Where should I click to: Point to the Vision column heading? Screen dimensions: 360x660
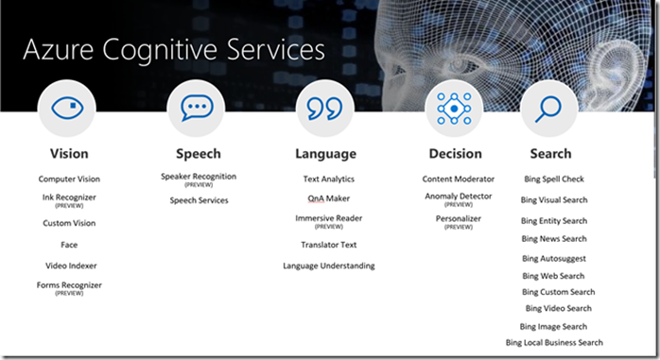click(69, 153)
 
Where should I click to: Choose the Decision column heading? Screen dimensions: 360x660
click(455, 153)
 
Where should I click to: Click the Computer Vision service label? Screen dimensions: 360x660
click(69, 179)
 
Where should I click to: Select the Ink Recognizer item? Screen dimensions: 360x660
click(69, 197)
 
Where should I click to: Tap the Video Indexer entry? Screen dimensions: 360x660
click(69, 266)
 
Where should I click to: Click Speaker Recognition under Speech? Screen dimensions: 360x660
click(199, 176)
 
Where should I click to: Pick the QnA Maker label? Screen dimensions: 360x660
click(328, 198)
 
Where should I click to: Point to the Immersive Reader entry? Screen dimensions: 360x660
click(328, 218)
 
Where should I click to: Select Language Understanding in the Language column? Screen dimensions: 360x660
click(328, 266)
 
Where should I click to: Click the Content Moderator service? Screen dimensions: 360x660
click(458, 179)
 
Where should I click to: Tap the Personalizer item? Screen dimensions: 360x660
click(458, 218)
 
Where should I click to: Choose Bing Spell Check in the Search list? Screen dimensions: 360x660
click(554, 179)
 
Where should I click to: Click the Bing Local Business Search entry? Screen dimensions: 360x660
click(554, 342)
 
